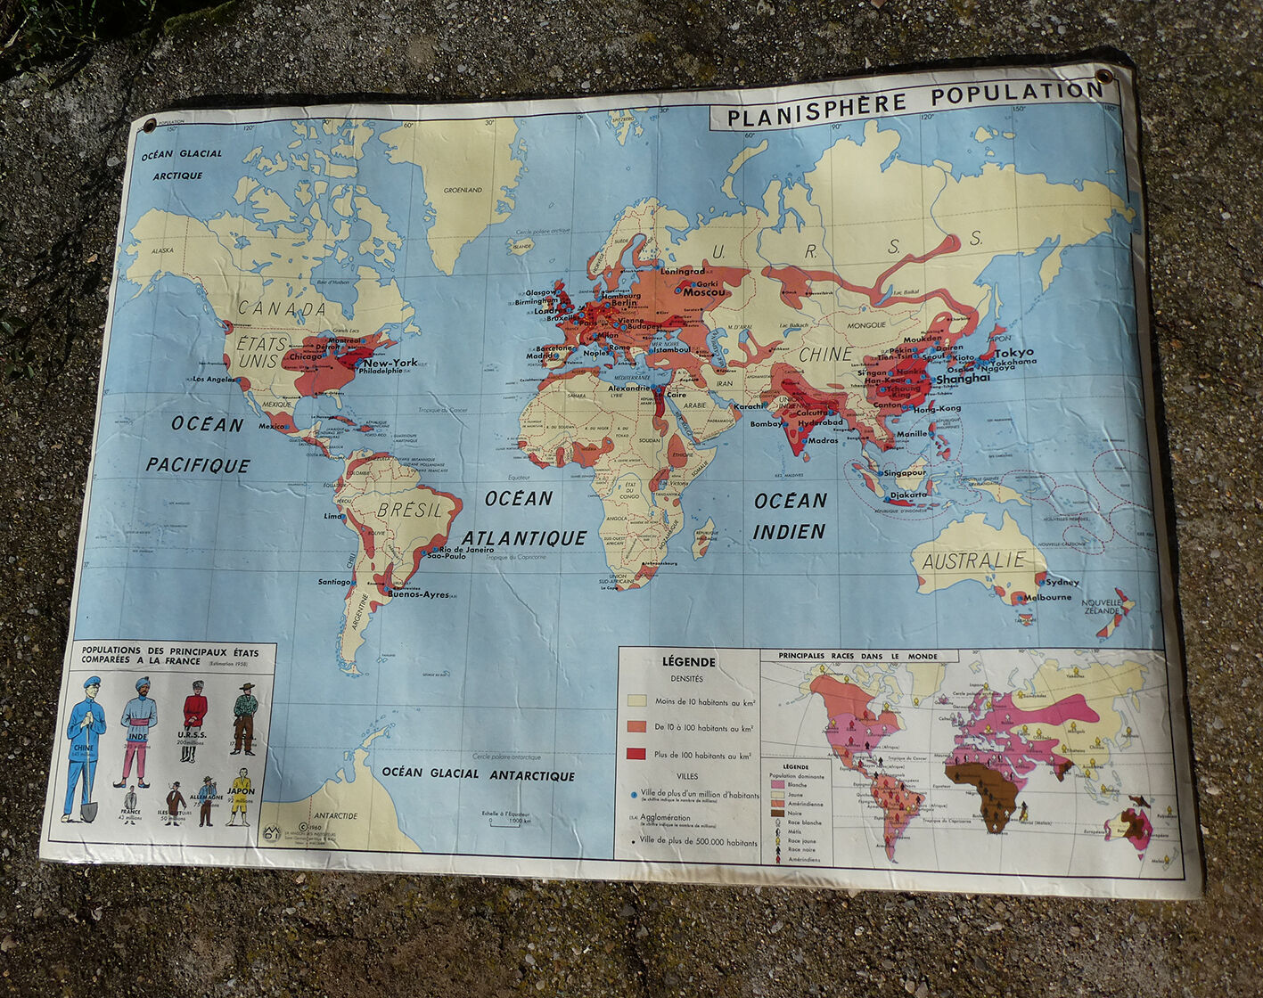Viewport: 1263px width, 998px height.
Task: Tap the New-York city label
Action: tap(390, 363)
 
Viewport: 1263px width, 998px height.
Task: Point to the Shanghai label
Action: tap(962, 378)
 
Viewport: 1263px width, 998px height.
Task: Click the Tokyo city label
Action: tap(1013, 353)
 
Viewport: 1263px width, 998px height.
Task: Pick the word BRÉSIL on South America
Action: tap(409, 510)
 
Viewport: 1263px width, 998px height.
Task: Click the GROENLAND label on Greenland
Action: tap(463, 190)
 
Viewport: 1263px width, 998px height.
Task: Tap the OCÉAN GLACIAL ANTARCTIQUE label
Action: tap(478, 774)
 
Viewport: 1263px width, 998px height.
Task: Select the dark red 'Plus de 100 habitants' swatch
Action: tap(636, 754)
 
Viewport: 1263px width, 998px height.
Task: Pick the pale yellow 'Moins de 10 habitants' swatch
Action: tap(636, 701)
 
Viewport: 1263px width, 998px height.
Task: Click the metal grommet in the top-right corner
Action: tap(1104, 77)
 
